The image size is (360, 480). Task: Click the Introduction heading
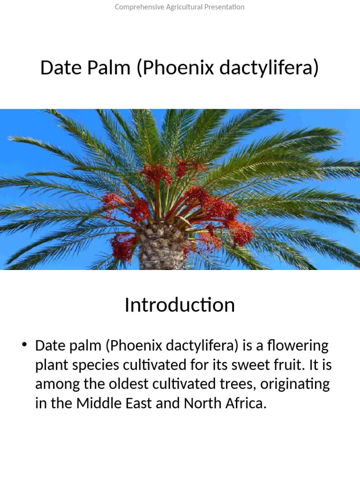point(180,305)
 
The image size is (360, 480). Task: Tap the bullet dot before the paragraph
point(25,345)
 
